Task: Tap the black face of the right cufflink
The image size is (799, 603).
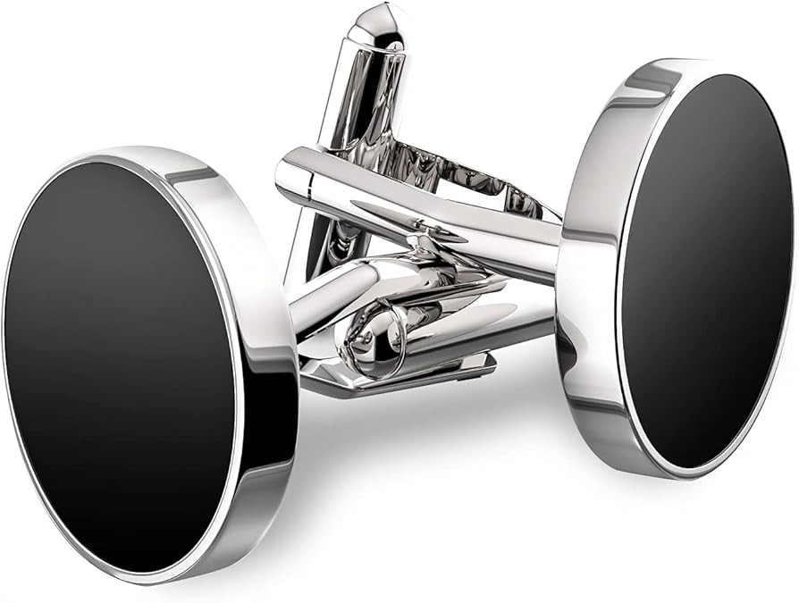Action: (x=706, y=268)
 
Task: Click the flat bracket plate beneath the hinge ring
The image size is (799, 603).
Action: (x=393, y=375)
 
